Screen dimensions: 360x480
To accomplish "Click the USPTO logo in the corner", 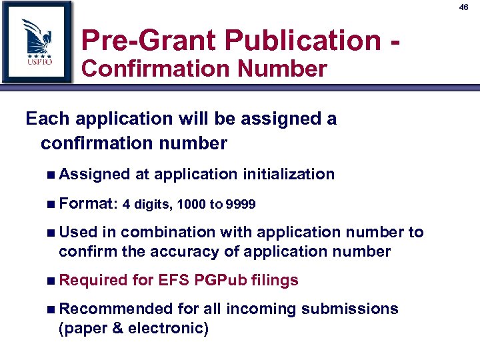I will click(x=36, y=42).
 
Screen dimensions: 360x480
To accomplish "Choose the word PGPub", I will click(x=221, y=280).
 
